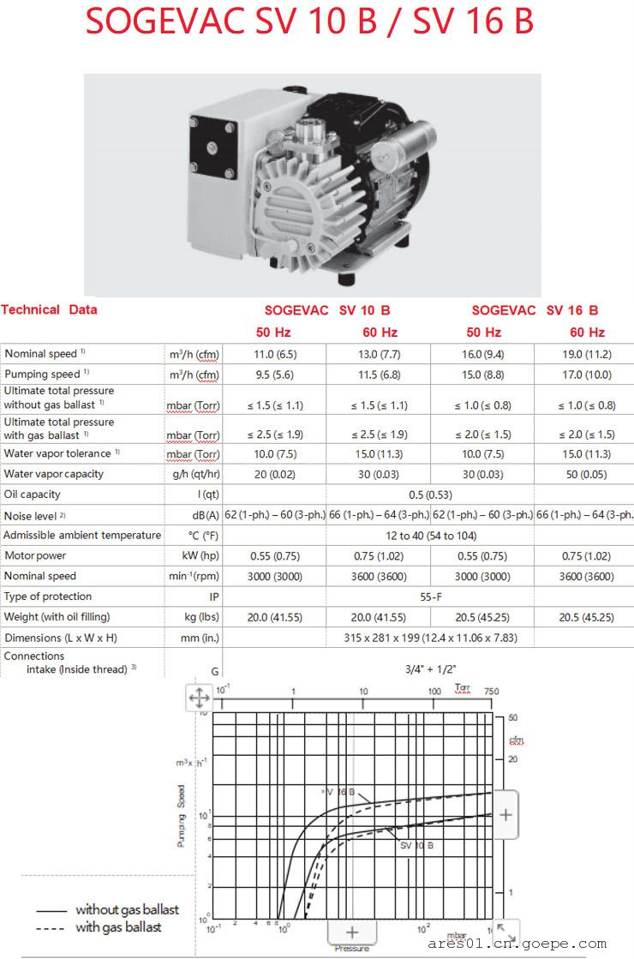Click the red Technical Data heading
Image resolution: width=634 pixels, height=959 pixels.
(x=49, y=309)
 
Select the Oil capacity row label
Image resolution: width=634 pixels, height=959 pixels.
(x=33, y=494)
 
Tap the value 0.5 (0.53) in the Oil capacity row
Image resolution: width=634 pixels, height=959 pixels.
(x=428, y=494)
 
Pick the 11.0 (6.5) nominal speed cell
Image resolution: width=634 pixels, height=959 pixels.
(x=275, y=353)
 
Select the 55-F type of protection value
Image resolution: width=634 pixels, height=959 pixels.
(x=428, y=596)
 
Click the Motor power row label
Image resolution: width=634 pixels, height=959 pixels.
(x=34, y=555)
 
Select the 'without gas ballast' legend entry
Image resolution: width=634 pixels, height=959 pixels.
(x=127, y=909)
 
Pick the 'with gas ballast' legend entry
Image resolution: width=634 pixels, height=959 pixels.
(x=118, y=927)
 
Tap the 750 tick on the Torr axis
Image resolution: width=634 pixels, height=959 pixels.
(x=491, y=690)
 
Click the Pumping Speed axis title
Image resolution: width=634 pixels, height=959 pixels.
(x=181, y=816)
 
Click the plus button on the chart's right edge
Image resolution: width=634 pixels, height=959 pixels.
(x=505, y=814)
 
